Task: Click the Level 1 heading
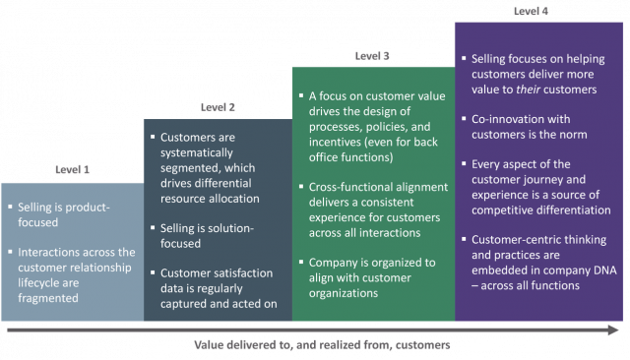pyautogui.click(x=72, y=169)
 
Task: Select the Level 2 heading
pyautogui.click(x=218, y=106)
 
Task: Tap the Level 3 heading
pyautogui.click(x=372, y=55)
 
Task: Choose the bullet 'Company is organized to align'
pyautogui.click(x=373, y=279)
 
